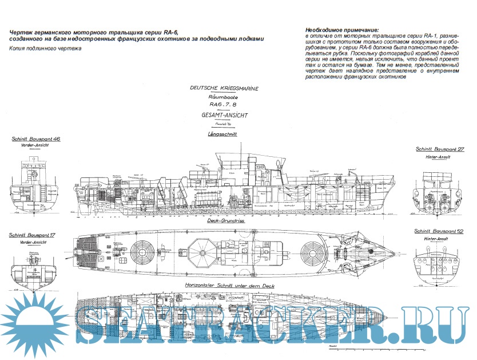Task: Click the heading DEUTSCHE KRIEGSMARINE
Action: tap(224, 90)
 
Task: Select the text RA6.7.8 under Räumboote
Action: tap(224, 105)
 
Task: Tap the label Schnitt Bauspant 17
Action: tap(32, 235)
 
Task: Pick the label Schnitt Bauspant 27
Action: tap(439, 149)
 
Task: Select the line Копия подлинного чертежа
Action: tap(46, 49)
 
